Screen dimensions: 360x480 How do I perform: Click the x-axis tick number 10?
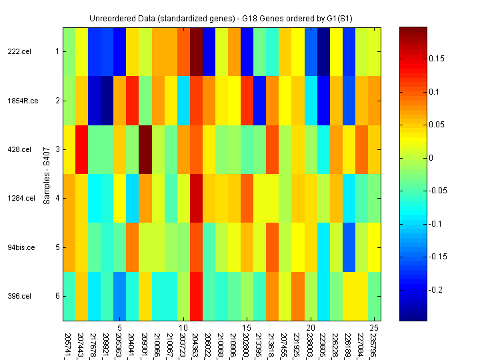[x=183, y=328]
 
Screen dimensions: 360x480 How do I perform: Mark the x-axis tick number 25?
[x=375, y=328]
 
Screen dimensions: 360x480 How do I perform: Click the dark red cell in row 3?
[x=145, y=149]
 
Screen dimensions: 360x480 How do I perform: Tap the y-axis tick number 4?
[x=57, y=198]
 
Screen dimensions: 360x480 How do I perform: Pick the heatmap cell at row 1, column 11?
[x=196, y=51]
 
